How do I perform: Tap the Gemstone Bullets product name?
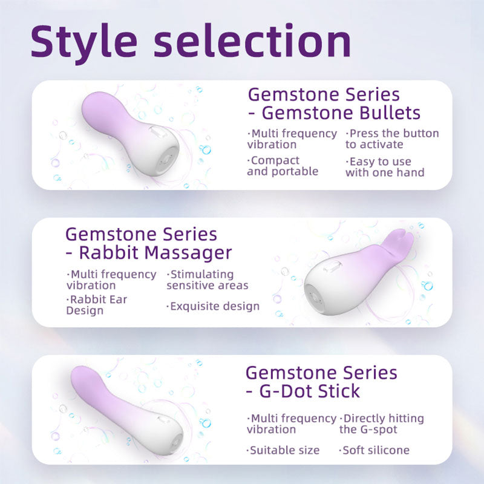tap(342, 113)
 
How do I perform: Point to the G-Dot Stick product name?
tap(309, 391)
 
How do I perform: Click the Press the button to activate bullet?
tap(392, 139)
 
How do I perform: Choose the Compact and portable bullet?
tap(283, 166)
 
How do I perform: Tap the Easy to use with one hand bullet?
tap(385, 167)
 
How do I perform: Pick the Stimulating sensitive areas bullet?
tap(208, 280)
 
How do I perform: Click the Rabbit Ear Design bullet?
tap(96, 305)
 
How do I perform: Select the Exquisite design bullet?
tap(213, 307)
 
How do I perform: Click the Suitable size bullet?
tap(284, 450)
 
